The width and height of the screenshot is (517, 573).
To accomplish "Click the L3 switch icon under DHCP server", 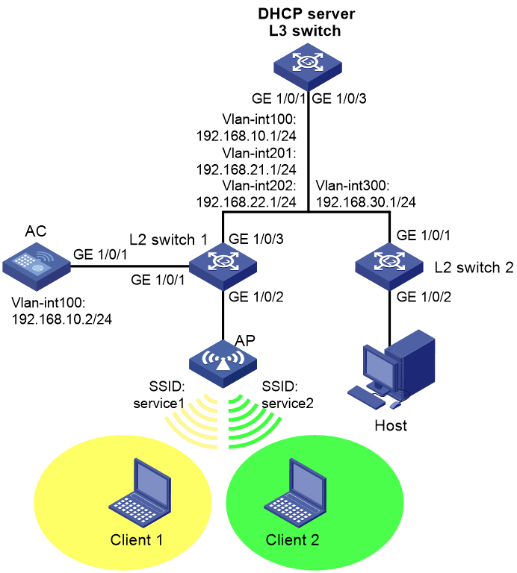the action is point(308,67).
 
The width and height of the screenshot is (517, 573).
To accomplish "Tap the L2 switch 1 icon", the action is point(223,266).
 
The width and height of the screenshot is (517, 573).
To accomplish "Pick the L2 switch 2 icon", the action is point(389,266).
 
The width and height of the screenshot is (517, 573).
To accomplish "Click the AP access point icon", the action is point(223,364).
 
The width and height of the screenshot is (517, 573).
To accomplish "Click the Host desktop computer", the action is point(391,369).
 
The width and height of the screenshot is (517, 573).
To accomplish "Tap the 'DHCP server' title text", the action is point(306,14).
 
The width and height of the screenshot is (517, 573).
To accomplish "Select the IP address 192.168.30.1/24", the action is point(366,202).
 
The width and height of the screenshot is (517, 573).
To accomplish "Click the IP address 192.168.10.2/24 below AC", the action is point(62,319).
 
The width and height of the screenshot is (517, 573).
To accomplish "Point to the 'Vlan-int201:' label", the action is point(259,153).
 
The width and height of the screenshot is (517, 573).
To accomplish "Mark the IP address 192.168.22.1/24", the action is point(247,202).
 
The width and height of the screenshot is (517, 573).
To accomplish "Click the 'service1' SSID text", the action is point(158,404).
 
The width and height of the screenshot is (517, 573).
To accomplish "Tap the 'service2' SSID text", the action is point(288,404).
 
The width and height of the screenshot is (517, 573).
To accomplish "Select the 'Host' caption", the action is point(391,426).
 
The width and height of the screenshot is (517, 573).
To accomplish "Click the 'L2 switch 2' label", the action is point(474,268).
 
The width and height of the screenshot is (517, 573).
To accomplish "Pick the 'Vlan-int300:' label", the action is point(353,186).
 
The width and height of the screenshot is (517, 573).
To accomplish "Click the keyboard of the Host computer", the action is point(366,397).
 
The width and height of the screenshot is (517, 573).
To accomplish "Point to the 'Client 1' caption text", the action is point(137,539).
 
